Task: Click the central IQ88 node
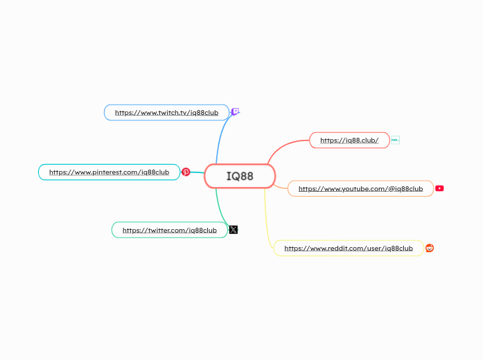pos(240,176)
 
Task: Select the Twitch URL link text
pos(166,112)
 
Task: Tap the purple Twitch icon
pos(236,111)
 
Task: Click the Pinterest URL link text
pos(109,172)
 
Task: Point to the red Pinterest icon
pos(186,172)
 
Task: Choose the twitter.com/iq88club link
pos(169,230)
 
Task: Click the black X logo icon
pos(234,230)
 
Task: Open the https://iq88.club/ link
pos(349,140)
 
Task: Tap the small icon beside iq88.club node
pos(395,140)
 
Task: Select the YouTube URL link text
pos(360,188)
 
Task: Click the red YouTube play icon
pos(439,188)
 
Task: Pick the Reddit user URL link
pos(348,248)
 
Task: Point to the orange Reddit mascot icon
pos(430,248)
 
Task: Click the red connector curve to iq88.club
pos(281,147)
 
